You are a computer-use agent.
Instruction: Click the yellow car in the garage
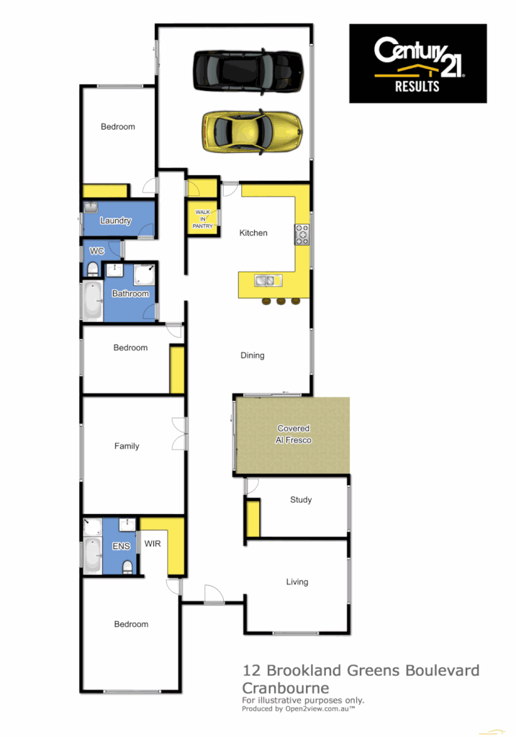pos(252,130)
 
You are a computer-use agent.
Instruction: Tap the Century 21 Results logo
pos(417,63)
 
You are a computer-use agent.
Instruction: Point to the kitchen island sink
pos(264,281)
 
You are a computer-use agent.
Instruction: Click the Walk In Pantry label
pos(202,219)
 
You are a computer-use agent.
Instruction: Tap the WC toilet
pos(92,270)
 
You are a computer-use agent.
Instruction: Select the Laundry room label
pos(115,221)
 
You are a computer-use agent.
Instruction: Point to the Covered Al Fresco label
pos(293,434)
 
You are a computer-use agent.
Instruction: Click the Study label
pos(301,499)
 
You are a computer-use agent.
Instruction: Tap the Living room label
pos(297,582)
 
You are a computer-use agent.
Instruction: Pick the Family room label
pos(127,446)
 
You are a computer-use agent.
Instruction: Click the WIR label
pos(153,543)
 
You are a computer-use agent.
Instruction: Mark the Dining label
pos(253,355)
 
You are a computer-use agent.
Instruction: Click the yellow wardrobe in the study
pos(253,518)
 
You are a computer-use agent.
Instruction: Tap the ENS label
pos(121,546)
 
